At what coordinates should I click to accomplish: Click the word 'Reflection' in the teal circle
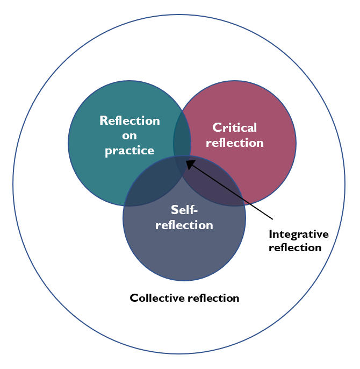click(129, 120)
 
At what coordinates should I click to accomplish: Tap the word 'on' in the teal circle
click(129, 136)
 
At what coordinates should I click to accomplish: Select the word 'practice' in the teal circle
click(129, 151)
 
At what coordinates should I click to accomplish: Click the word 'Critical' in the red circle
click(235, 127)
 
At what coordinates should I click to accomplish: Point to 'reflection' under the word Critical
click(235, 143)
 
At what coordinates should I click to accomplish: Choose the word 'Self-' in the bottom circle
click(184, 209)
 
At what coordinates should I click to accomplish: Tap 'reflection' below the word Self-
click(184, 224)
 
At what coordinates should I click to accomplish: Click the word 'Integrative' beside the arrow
click(298, 234)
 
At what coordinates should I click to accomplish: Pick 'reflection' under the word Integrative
click(294, 247)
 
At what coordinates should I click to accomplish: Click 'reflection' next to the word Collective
click(213, 297)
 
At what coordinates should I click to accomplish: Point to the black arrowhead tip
click(186, 159)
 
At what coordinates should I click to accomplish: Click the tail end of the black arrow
click(273, 219)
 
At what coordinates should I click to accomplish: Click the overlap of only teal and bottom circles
click(156, 183)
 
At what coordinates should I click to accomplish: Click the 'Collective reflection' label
click(184, 297)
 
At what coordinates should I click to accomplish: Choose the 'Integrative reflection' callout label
click(298, 240)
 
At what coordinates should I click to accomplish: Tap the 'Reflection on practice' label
click(129, 136)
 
